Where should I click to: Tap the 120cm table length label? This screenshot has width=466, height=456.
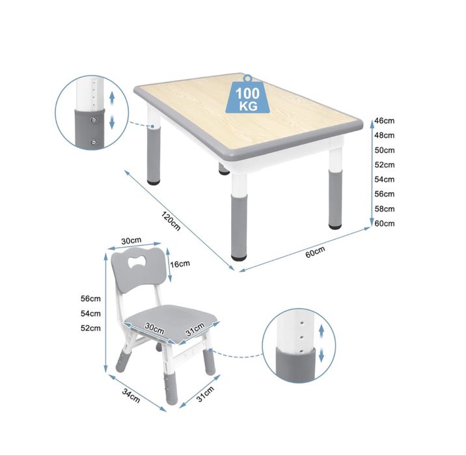171,221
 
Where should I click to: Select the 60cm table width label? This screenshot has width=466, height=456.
315,252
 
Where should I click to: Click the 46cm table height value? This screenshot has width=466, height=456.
385,121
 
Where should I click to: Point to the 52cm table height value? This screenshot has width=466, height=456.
385,165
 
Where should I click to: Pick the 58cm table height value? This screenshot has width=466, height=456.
385,209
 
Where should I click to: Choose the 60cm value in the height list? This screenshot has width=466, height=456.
385,223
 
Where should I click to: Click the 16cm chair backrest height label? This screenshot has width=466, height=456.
180,264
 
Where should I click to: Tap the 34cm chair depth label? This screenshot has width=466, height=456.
131,395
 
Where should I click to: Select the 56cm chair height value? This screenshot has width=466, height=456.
90,298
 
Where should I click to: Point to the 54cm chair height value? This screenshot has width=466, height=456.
90,313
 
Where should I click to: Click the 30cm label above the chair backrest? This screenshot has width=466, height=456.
131,240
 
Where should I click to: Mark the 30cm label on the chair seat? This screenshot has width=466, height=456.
154,328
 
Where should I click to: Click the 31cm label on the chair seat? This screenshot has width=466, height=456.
195,329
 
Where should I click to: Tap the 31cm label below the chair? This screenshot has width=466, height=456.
205,394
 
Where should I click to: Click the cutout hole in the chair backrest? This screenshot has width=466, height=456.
137,261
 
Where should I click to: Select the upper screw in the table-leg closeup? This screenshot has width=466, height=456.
94,120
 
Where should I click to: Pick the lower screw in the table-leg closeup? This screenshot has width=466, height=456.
94,143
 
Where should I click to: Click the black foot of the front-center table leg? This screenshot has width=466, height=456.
239,257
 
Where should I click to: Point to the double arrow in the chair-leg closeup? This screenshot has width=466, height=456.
322,343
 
